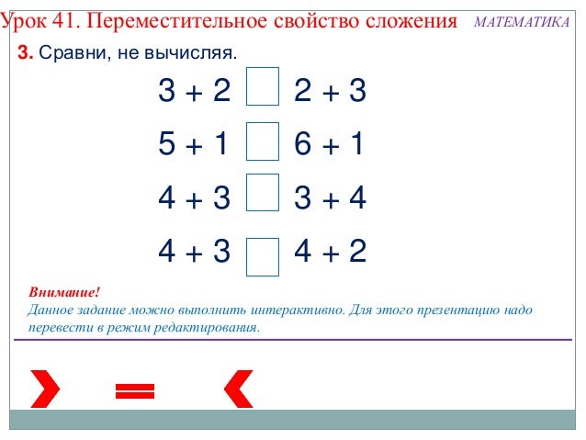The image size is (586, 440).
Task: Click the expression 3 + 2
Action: coord(194,91)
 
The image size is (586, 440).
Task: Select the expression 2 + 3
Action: coord(330,91)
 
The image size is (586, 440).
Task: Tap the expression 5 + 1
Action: coord(193,144)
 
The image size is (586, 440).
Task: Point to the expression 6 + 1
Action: coord(330,144)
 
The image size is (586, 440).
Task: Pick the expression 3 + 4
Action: coord(330,197)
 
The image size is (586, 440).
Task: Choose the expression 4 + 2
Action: coord(330,251)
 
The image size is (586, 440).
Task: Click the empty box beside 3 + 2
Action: coord(263,88)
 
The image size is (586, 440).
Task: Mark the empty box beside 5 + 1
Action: coord(263,142)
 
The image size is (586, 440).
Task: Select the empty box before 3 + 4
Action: coord(263,195)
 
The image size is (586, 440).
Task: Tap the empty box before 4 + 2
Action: coord(263,256)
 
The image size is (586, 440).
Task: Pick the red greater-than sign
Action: coord(44,389)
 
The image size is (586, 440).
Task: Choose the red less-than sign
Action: coord(238,389)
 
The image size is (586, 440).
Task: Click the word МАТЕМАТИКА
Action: coord(522,21)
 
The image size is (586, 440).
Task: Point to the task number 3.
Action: coord(25,54)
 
